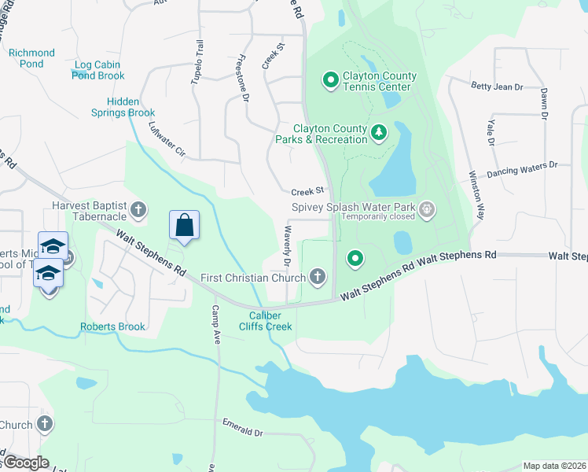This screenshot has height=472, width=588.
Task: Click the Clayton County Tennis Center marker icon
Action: click(x=330, y=79)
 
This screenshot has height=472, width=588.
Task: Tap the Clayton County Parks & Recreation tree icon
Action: click(x=379, y=131)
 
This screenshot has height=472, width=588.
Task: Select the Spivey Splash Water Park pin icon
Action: click(x=427, y=209)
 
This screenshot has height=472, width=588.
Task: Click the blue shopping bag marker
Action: click(x=184, y=225)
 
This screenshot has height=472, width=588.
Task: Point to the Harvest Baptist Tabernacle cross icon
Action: click(x=138, y=209)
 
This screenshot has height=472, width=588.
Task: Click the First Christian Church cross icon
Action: click(x=317, y=276)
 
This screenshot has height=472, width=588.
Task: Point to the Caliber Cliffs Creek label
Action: click(x=266, y=321)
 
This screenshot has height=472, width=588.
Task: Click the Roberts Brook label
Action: click(x=112, y=326)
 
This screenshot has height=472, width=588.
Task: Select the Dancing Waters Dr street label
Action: click(x=521, y=169)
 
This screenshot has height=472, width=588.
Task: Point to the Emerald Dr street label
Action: click(x=242, y=432)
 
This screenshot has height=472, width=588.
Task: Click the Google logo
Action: click(x=25, y=463)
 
